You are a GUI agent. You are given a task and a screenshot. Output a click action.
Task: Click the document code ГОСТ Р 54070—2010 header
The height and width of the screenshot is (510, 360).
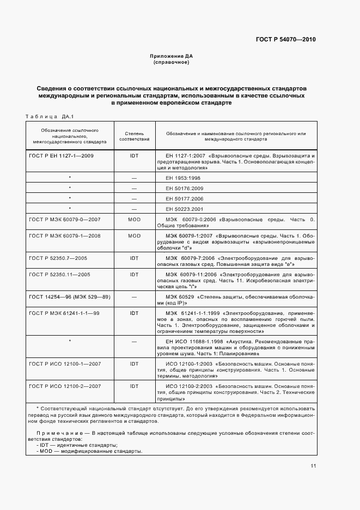[285, 40]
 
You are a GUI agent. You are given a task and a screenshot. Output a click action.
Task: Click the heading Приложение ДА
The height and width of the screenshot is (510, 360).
[172, 56]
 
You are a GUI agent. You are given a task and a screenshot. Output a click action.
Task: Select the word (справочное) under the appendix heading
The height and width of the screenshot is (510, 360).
[172, 62]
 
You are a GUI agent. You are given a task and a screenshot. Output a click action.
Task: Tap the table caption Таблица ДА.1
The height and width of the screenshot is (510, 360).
[50, 116]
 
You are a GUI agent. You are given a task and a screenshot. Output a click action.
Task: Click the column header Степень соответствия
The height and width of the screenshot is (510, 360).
[134, 136]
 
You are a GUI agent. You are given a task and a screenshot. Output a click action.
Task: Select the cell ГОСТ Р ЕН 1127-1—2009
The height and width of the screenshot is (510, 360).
[61, 155]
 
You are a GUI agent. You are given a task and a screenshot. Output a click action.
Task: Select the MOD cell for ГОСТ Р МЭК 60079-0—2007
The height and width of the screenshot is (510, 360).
[134, 219]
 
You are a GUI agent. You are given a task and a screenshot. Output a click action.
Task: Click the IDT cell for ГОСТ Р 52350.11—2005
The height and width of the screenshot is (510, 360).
[134, 275]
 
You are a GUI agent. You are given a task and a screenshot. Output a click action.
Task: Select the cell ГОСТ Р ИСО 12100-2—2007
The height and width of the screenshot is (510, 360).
[64, 386]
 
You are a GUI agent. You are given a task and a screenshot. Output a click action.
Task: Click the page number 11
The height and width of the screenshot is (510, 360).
[313, 466]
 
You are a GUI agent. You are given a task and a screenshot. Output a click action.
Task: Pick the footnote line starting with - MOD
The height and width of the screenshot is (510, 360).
[89, 451]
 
